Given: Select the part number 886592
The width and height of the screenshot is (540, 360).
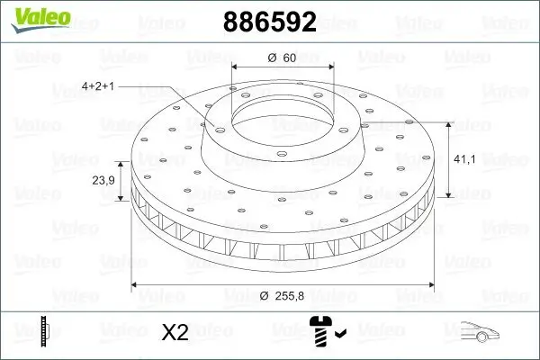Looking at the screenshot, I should (267, 22).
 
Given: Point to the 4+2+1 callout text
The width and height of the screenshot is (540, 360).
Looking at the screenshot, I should (99, 86).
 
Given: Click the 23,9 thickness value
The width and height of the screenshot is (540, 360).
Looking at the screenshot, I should (103, 180).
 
